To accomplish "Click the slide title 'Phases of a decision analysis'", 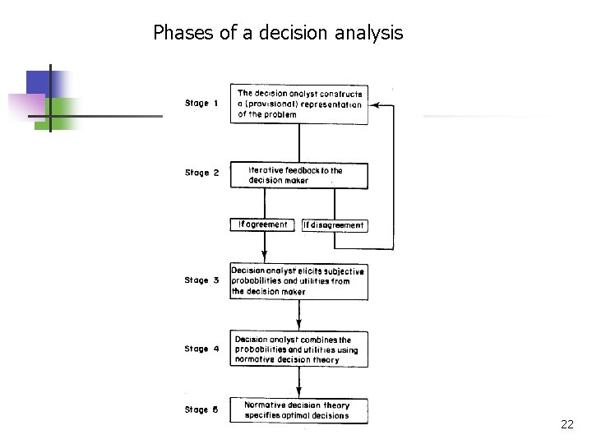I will coord(278,33).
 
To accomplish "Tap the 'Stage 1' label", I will coord(201,104).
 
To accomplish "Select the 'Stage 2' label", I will coord(201,173).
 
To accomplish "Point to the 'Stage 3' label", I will coord(201,280).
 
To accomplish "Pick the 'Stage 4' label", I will coord(201,349).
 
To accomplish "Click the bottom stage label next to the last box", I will coord(201,409).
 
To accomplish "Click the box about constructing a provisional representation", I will coord(299,104).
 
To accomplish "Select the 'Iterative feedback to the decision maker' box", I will coord(299,175).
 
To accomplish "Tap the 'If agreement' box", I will coord(262,224).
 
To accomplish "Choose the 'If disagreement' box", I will coord(334,225).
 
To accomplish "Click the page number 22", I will coord(567,424).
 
